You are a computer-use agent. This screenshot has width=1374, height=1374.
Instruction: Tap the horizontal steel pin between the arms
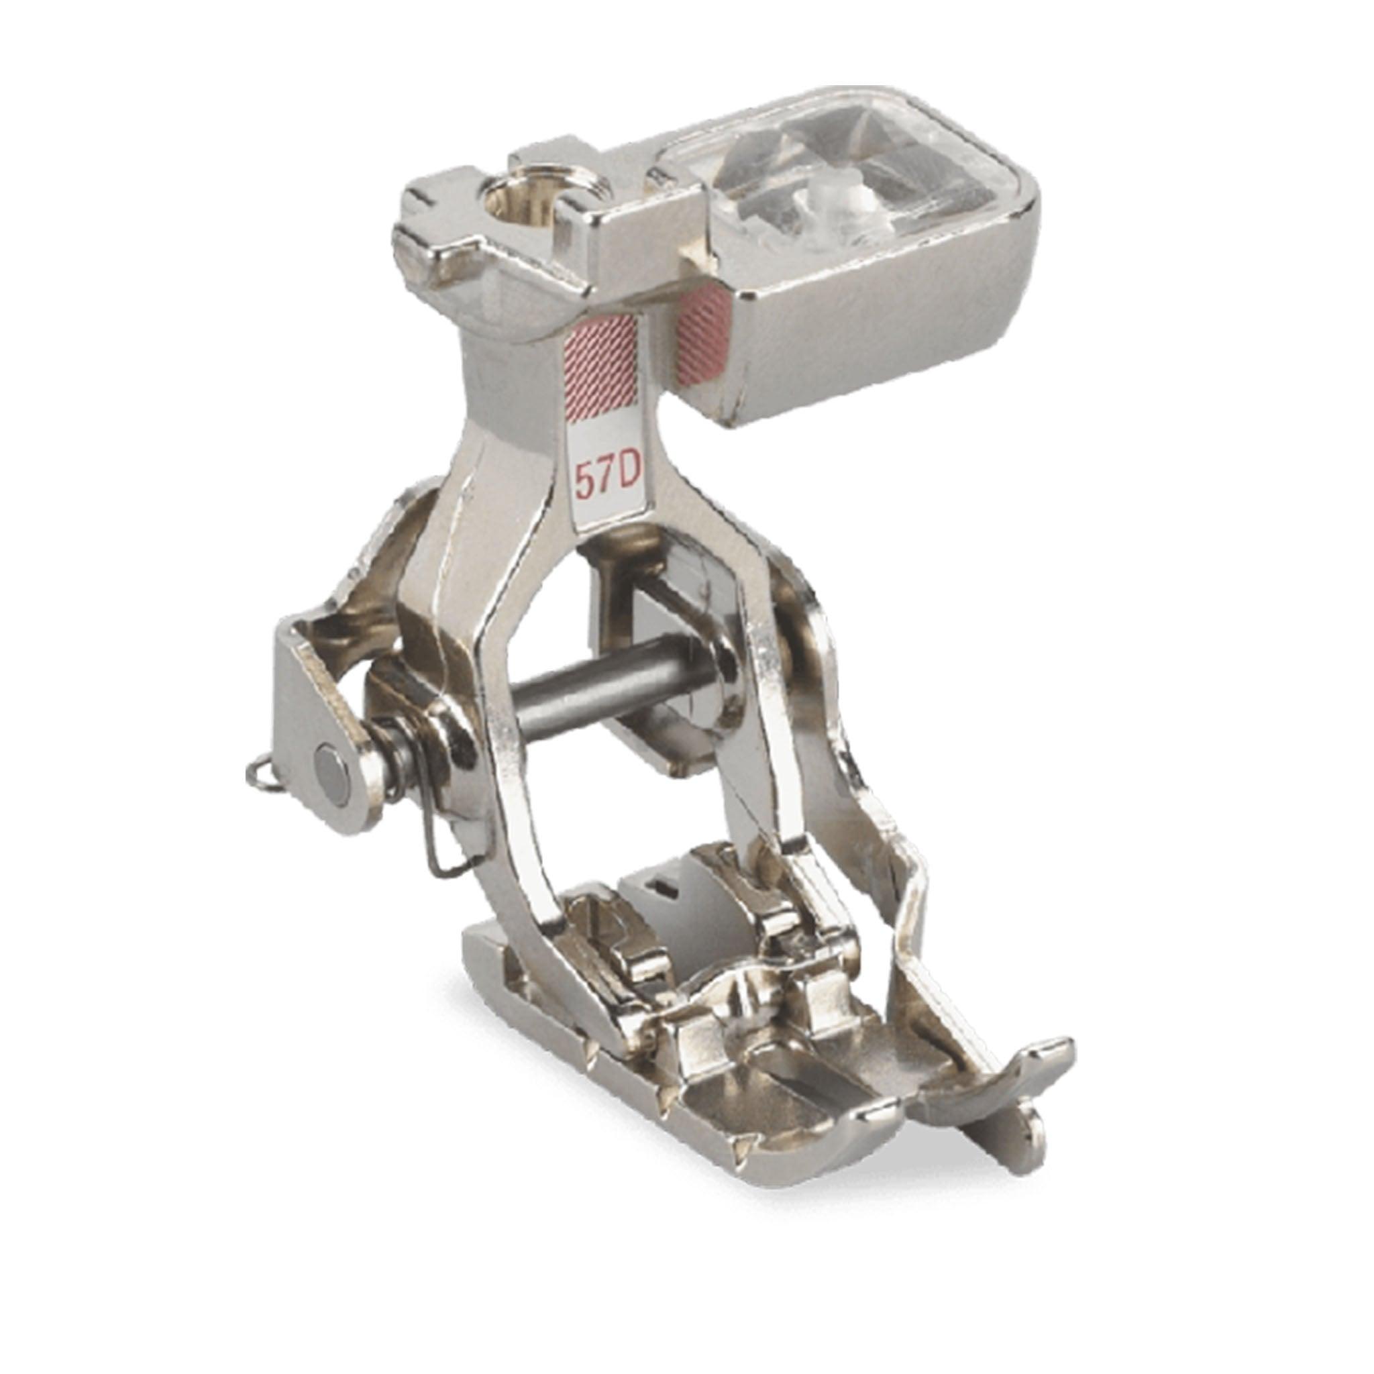(x=619, y=676)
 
